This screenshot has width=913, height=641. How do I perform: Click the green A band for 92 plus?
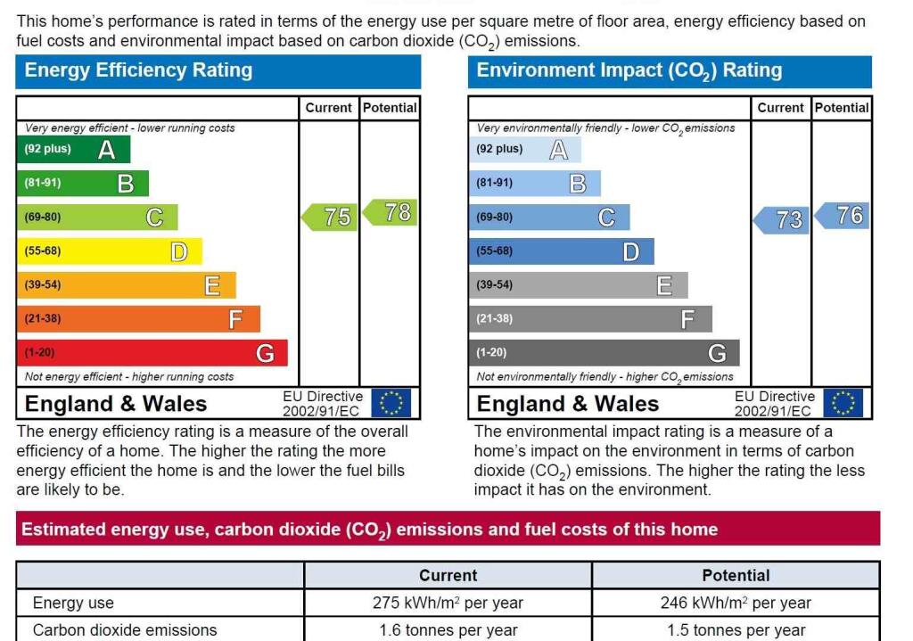coord(73,149)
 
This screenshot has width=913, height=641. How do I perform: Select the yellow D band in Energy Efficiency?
coord(109,251)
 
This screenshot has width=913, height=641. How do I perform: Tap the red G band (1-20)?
coord(152,353)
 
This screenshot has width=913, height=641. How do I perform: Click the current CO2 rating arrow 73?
coord(782,219)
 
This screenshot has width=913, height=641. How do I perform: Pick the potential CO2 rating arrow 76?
coord(843,215)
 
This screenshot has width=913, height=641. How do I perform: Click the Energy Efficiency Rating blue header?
coord(218,71)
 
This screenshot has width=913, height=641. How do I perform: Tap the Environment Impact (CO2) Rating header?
coord(670,71)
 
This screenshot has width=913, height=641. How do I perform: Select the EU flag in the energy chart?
coord(391,403)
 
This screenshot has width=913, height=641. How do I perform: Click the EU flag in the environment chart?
coord(843,403)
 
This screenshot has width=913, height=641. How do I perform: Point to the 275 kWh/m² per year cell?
coord(448,603)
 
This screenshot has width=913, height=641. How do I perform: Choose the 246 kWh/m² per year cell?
coord(736,603)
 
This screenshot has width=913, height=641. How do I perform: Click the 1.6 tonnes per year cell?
coord(448,630)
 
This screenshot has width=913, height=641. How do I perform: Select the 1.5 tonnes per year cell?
coord(736,630)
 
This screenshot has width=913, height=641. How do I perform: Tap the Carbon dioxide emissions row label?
coord(125,630)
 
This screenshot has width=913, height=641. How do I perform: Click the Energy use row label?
coord(73,603)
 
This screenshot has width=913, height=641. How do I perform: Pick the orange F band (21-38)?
coord(138,319)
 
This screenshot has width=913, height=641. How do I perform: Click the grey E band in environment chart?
coord(578,285)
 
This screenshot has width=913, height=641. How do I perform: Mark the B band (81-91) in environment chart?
coord(534,183)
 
